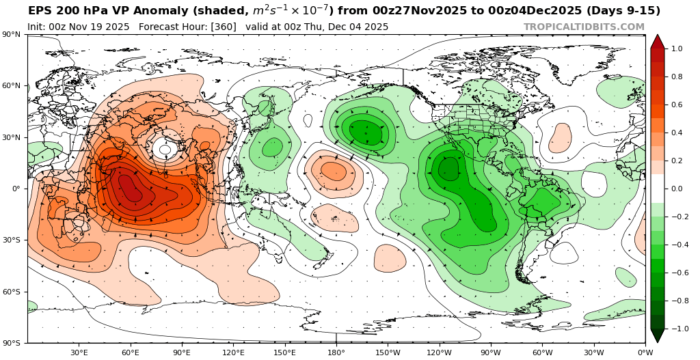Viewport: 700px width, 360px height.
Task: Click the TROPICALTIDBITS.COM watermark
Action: (584, 27)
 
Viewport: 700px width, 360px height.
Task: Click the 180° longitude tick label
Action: (336, 352)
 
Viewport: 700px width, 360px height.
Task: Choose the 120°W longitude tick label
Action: (439, 352)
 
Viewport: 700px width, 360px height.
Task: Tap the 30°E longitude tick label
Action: (79, 352)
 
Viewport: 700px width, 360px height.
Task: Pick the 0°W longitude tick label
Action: (645, 352)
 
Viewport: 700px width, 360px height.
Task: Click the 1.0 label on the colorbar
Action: (676, 49)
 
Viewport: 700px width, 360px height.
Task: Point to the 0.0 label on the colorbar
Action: (676, 189)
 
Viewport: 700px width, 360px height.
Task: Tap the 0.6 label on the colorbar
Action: (676, 105)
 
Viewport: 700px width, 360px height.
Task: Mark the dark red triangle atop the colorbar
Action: (657, 41)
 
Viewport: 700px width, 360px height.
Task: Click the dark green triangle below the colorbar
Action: (657, 335)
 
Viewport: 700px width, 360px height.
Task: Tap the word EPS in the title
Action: (39, 11)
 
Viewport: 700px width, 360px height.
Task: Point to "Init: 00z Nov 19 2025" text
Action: (79, 27)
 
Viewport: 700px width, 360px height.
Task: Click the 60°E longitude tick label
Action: (131, 352)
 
